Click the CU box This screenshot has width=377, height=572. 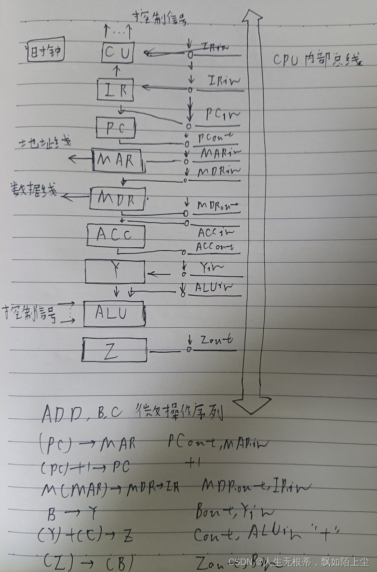[118, 53]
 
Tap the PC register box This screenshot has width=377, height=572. [116, 128]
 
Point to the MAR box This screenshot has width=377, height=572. [118, 160]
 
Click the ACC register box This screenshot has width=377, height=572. [116, 235]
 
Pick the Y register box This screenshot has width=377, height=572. [115, 272]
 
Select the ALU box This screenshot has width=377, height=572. [114, 314]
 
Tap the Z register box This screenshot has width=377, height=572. [114, 350]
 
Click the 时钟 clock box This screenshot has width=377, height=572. [45, 52]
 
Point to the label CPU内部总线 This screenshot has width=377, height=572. [316, 61]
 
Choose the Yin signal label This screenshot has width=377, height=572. [210, 266]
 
